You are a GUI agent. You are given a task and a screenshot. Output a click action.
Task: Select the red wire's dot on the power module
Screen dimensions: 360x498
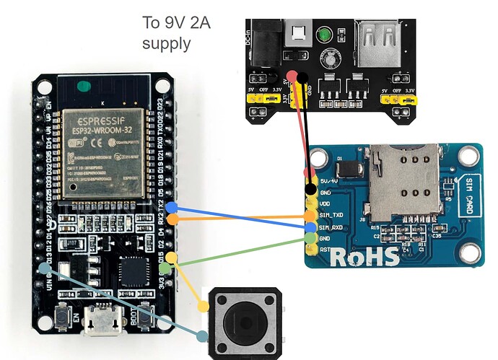(x=291, y=76)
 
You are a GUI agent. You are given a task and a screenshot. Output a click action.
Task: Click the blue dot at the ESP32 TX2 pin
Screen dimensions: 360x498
(x=172, y=208)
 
